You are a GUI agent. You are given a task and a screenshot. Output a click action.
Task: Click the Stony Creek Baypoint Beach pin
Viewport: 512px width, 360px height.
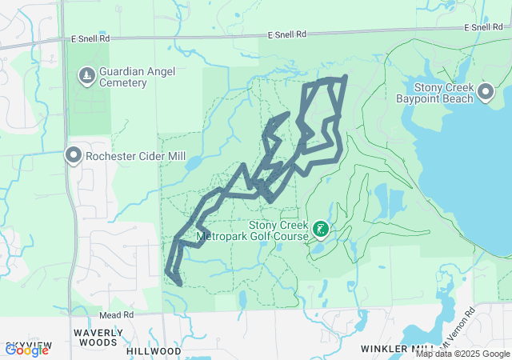click(x=485, y=93)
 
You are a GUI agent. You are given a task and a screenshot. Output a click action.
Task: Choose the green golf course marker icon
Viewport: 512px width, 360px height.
click(x=320, y=230)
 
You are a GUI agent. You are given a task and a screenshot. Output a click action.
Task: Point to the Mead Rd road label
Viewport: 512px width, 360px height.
click(x=116, y=315)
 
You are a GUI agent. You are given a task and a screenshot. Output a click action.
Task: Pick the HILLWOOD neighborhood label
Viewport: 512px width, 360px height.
click(x=154, y=351)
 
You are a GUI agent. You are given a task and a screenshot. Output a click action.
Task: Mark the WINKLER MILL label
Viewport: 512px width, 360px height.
click(x=398, y=349)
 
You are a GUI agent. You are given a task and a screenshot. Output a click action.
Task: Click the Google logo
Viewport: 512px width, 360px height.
click(x=26, y=350)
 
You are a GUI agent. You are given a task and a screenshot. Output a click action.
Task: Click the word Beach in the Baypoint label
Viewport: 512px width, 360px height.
click(x=462, y=99)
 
